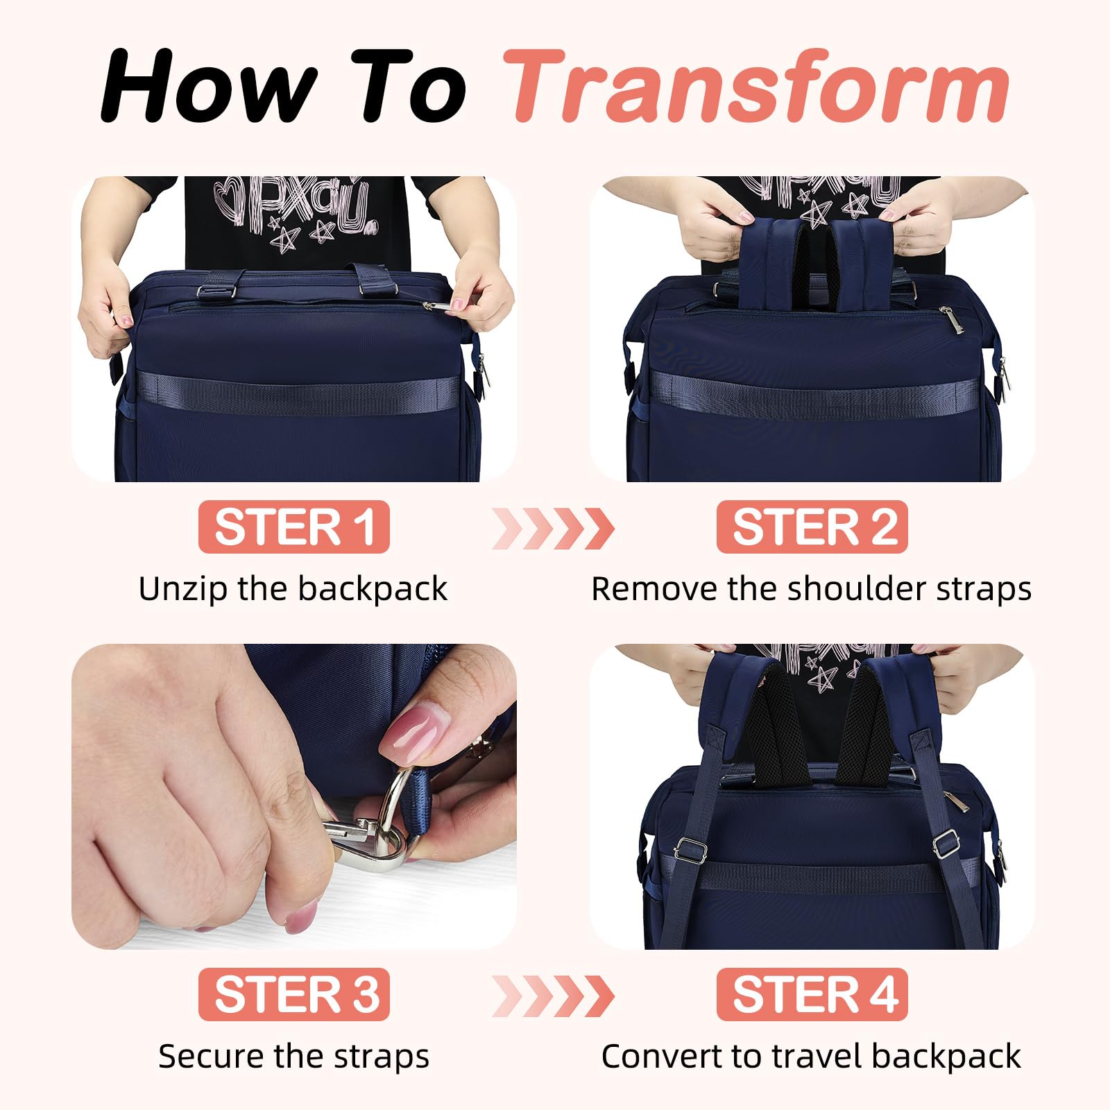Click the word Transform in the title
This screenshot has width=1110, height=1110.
756,87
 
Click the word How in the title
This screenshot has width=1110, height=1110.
208,87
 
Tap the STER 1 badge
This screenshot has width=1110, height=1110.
294,527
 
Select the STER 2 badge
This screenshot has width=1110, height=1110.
812,527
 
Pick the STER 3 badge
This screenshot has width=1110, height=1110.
294,994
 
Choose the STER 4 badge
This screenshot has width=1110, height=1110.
812,994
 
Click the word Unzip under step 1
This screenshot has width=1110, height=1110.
182,589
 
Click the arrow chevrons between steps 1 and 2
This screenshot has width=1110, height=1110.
553,529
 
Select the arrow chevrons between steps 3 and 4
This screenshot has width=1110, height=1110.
553,996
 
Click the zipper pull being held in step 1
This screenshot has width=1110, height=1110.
444,304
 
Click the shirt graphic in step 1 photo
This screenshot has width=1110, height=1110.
295,208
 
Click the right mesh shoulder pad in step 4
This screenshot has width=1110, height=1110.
864,735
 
